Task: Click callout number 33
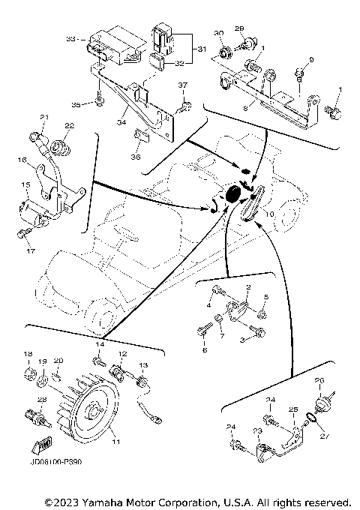tap(70, 37)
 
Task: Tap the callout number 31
tap(200, 49)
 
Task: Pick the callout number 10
tap(269, 213)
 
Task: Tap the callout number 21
tap(44, 117)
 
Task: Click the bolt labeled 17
tap(22, 235)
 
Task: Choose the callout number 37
tap(181, 85)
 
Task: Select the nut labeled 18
tap(28, 369)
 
